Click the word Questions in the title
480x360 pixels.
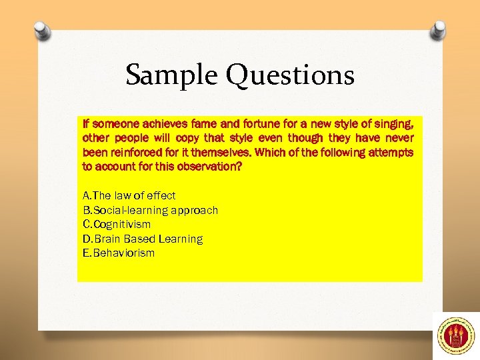coord(290,75)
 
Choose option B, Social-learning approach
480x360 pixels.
coord(150,210)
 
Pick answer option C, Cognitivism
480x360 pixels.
coord(116,225)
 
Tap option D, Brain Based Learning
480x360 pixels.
coord(142,239)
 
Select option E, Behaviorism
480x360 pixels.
coord(118,253)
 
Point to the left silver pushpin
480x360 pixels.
coord(41,31)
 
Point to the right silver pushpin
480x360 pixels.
coord(438,31)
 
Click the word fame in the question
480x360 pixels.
coord(205,124)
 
